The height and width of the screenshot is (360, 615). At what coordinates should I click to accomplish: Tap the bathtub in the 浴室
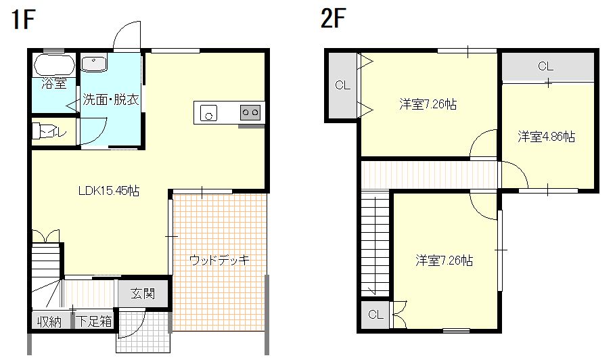pos(53,66)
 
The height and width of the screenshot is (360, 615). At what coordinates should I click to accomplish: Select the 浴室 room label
pos(54,84)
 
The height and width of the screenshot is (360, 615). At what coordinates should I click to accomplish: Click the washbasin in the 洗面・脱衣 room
pos(94,64)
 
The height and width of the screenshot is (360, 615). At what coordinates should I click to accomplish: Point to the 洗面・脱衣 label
pos(111,100)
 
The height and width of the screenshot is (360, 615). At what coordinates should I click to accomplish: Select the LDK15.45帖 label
pos(108,192)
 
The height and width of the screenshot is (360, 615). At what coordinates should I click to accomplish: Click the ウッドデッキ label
pos(220,259)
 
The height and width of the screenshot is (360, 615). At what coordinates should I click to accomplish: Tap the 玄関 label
pos(143,294)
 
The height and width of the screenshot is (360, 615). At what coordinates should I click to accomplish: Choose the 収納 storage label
pos(49,321)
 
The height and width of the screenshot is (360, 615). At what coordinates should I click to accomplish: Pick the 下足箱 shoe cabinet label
pos(94,321)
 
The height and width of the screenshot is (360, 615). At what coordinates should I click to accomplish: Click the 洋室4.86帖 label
pos(547,137)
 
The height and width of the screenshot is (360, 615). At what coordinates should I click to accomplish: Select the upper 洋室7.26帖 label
pos(427,104)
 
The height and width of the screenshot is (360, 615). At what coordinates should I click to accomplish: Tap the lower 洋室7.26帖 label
pos(444,260)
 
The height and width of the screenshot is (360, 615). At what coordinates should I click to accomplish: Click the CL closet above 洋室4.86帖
pos(546,66)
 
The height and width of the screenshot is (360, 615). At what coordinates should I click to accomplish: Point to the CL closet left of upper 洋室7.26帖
pos(342,85)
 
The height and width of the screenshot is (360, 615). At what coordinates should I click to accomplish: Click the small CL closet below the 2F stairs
pos(376,315)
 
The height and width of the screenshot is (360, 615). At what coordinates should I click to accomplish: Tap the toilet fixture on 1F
pos(47,131)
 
